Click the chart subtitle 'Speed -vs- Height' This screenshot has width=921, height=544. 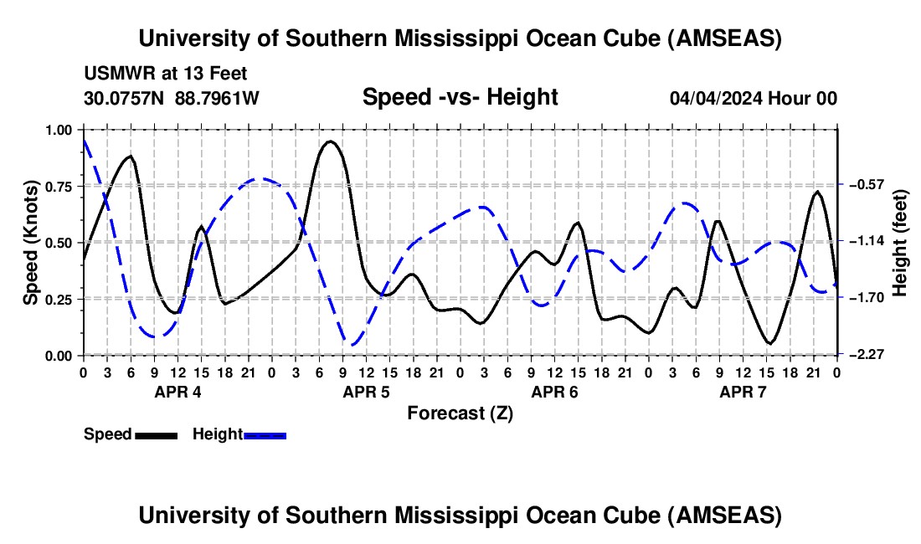click(x=460, y=97)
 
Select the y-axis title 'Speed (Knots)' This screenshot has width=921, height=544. click(x=31, y=243)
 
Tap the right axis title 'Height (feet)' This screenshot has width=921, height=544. click(x=900, y=243)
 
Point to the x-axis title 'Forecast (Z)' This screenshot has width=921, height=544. click(x=460, y=413)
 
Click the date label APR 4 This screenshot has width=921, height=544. click(x=177, y=392)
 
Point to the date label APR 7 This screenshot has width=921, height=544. click(x=742, y=392)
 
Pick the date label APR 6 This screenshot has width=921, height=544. click(x=553, y=392)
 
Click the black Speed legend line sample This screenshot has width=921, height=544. click(x=156, y=435)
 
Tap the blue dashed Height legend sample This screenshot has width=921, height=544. click(x=265, y=435)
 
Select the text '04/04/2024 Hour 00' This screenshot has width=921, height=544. click(x=753, y=98)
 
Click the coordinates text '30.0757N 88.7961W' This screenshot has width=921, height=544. click(x=172, y=98)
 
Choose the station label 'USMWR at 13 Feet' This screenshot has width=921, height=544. click(x=165, y=74)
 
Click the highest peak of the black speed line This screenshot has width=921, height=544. click(x=331, y=141)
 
